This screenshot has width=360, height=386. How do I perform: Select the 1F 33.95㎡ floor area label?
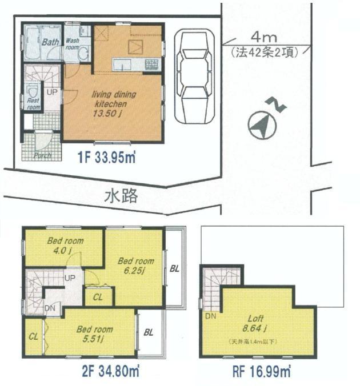106,155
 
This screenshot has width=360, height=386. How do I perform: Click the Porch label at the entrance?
42,155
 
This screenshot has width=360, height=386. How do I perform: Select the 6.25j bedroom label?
136,266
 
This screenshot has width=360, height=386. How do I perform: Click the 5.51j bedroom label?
94,333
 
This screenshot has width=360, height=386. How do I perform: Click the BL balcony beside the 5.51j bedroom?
149,331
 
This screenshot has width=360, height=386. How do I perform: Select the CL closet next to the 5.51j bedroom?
33,336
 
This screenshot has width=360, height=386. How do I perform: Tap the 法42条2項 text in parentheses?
263,53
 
